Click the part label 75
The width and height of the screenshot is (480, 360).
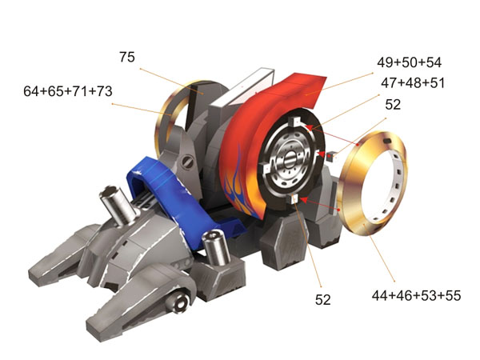tap(127, 58)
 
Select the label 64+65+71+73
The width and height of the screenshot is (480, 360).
tap(68, 91)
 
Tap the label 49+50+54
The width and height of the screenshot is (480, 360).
tap(409, 62)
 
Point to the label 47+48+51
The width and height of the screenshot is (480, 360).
tap(413, 83)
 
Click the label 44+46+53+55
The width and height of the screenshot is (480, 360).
tap(416, 296)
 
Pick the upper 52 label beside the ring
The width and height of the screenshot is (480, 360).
tap(393, 105)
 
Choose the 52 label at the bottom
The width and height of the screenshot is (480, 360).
tap(323, 300)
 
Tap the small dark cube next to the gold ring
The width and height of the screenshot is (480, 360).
tap(331, 156)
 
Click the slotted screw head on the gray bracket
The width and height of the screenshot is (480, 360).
tap(188, 162)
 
